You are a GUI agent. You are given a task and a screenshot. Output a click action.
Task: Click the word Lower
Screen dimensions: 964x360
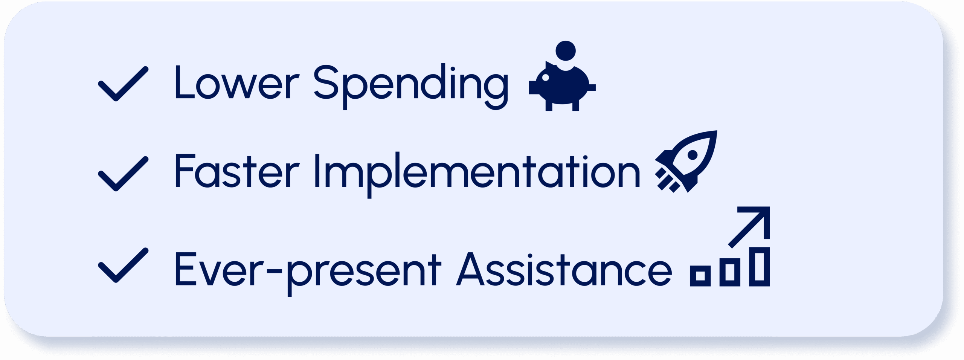tap(236, 82)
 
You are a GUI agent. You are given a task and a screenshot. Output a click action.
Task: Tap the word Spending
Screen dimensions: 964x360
tap(411, 87)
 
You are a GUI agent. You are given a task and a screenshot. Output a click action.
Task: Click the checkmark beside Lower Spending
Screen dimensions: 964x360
tap(123, 84)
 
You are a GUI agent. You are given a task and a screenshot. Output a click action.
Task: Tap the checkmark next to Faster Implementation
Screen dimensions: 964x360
tap(123, 174)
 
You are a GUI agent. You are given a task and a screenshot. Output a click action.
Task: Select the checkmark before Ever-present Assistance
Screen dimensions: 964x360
tap(123, 265)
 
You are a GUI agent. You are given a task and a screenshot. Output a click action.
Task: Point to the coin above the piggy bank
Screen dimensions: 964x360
tap(566, 50)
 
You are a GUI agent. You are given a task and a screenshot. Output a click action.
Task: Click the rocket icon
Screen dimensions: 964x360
tap(686, 161)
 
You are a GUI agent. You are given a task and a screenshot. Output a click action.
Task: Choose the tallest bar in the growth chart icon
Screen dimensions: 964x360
tap(760, 267)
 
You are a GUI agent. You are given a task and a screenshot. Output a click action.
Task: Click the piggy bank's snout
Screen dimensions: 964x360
tap(532, 87)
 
